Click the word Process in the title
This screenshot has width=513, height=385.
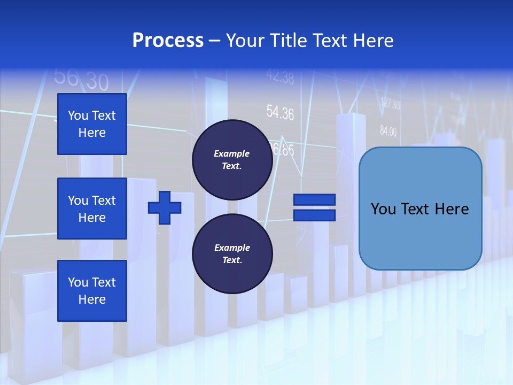[168, 41]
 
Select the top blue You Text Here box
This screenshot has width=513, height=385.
[92, 124]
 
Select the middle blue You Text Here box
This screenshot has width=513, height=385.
[92, 209]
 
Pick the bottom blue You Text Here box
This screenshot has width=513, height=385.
[92, 290]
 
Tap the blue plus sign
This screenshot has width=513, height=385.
[165, 207]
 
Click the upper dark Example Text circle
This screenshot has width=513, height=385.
[232, 160]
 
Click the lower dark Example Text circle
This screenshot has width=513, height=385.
[232, 254]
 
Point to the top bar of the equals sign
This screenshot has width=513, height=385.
[314, 199]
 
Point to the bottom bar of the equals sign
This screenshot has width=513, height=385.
[314, 215]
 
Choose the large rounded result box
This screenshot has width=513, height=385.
[420, 209]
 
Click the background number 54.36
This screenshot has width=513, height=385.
[280, 113]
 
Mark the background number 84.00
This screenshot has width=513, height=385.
[388, 130]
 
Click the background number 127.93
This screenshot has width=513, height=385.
[390, 103]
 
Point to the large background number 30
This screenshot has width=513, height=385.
[97, 82]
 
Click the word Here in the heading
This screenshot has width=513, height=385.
[374, 41]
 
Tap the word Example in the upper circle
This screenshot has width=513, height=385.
[231, 153]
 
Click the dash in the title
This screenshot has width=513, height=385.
[214, 41]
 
